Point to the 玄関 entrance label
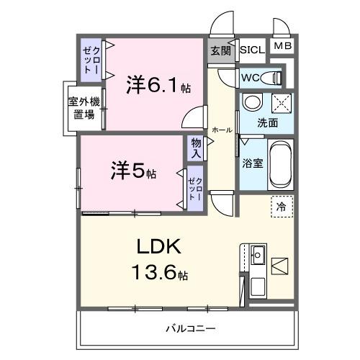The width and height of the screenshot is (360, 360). (x=221, y=50)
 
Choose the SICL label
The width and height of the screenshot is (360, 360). (x=252, y=50)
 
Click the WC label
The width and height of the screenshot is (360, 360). (x=251, y=76)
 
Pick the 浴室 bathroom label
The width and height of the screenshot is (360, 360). (x=253, y=162)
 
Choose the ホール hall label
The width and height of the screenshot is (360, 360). (x=222, y=130)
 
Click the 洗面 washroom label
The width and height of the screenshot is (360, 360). (x=268, y=123)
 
